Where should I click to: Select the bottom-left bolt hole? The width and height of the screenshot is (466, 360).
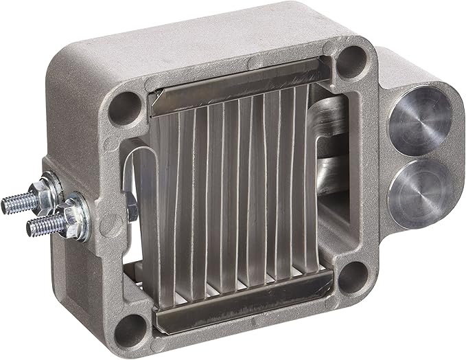(131, 328)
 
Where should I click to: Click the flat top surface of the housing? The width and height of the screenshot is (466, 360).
(206, 34)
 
